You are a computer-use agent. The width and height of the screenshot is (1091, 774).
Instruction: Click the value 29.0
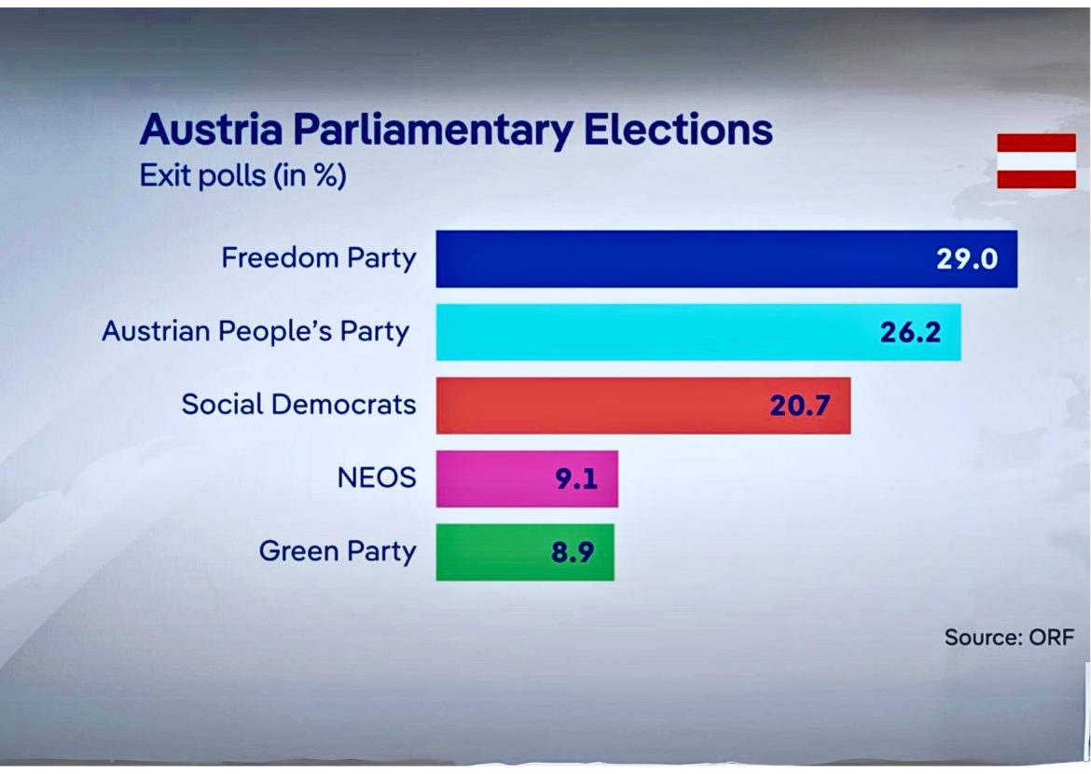[x=967, y=258]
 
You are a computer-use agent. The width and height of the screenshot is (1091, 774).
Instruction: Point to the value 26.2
[x=911, y=332]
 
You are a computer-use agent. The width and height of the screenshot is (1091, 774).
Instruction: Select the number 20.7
[x=800, y=406]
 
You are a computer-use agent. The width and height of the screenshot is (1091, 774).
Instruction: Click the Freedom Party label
[x=318, y=258]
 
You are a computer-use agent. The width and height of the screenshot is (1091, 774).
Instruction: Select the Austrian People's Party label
[x=255, y=332]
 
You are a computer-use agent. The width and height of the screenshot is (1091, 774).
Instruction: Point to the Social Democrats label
[x=298, y=406]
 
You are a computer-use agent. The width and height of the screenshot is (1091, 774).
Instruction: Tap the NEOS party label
[x=376, y=479]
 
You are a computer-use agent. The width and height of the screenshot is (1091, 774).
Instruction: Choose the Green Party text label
[x=337, y=552]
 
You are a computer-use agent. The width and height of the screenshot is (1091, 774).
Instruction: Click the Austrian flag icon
[x=1036, y=160]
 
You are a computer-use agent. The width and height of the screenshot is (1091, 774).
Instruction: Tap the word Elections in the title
[x=678, y=131]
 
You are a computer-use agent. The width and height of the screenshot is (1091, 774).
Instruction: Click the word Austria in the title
[x=212, y=131]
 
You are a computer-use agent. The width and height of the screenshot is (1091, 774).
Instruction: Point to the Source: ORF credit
[x=1009, y=638]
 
